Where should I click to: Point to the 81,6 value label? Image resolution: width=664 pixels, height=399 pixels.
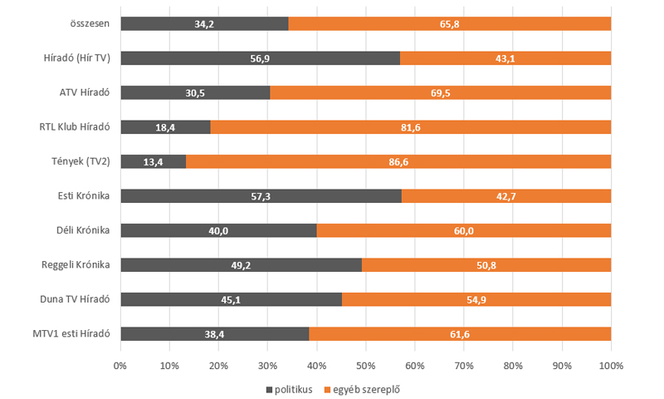410,127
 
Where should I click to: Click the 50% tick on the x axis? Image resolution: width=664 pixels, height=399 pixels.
365,366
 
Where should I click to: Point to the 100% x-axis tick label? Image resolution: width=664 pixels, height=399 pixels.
611,366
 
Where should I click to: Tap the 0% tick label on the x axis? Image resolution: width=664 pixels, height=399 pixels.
120,366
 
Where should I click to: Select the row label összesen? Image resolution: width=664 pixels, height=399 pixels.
91,23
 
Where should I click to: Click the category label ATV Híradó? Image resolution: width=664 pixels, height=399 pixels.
85,92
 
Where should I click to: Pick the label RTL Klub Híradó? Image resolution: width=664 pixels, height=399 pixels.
77,127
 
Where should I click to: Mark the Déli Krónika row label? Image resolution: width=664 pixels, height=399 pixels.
85,230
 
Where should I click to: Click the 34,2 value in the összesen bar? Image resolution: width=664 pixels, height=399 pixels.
204,24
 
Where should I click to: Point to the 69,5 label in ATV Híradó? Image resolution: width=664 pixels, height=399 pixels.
440,93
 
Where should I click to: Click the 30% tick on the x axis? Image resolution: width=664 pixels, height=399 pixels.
267,366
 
